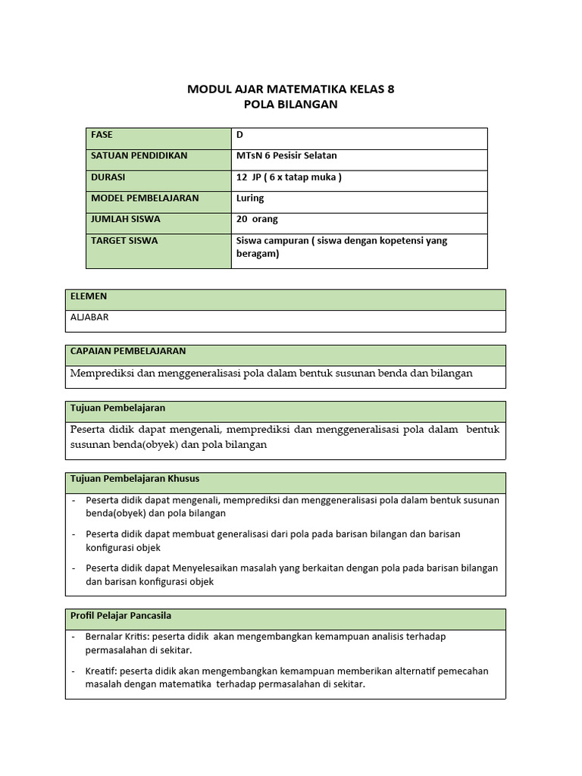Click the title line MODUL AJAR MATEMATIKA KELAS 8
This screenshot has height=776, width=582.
point(290,89)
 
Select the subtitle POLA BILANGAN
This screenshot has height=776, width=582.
point(290,105)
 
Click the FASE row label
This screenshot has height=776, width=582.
point(102,135)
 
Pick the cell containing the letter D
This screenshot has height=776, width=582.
point(240,135)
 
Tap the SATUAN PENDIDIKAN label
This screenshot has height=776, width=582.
point(139,156)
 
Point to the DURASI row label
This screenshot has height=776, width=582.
point(108,177)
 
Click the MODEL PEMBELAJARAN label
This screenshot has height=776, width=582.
point(145,199)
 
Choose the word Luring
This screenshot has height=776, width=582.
point(250,199)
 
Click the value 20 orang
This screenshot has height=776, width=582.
point(257,220)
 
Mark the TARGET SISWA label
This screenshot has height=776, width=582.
point(124,241)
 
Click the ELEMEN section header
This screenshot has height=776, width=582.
point(89,296)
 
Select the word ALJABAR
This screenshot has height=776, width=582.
point(89,318)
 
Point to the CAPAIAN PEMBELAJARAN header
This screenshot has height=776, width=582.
point(128,352)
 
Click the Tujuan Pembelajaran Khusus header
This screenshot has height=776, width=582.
point(135,479)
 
